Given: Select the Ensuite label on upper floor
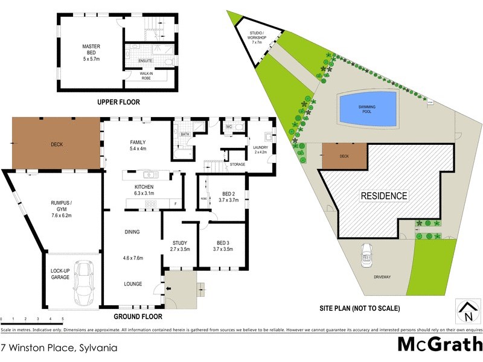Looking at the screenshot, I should [x=146, y=61].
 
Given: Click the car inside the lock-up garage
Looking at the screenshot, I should [x=82, y=284].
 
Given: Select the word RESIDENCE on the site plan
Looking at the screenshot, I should [x=384, y=196].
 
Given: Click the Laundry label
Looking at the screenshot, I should [x=260, y=149].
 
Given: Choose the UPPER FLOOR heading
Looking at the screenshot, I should [x=119, y=103].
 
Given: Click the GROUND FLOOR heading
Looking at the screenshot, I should [x=139, y=316].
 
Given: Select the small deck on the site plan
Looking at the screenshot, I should [x=345, y=156].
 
